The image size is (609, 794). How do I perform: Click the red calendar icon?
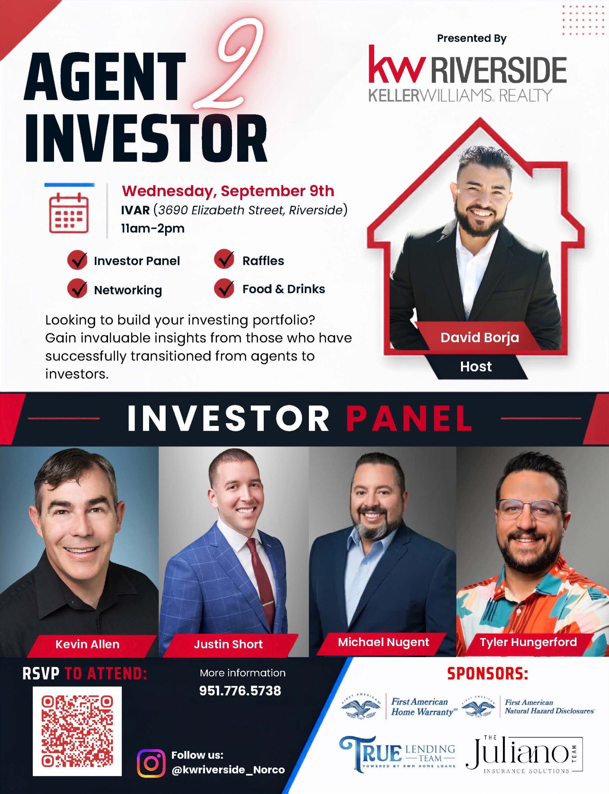point(69,212)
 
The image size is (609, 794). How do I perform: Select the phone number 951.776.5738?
point(240,690)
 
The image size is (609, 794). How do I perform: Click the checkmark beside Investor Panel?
point(78,260)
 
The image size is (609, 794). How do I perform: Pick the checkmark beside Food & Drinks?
point(224,288)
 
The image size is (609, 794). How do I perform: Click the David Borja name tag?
point(480,338)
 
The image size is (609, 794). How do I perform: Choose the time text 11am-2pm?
point(153,228)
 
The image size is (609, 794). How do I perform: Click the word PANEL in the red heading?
point(409,418)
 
